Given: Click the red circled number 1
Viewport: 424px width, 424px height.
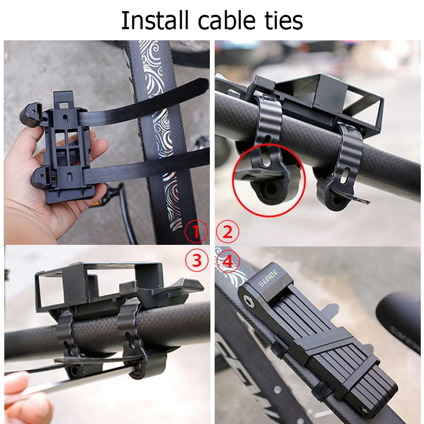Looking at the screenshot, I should (x=196, y=232).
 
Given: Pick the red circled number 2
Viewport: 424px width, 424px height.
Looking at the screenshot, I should (x=228, y=232).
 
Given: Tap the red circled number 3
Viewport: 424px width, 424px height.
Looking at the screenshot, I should (x=196, y=260).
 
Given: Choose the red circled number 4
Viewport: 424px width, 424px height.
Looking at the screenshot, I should (x=228, y=260).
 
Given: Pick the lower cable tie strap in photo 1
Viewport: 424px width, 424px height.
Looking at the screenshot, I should (x=159, y=164).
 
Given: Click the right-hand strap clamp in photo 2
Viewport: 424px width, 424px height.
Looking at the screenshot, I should (x=342, y=170).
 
